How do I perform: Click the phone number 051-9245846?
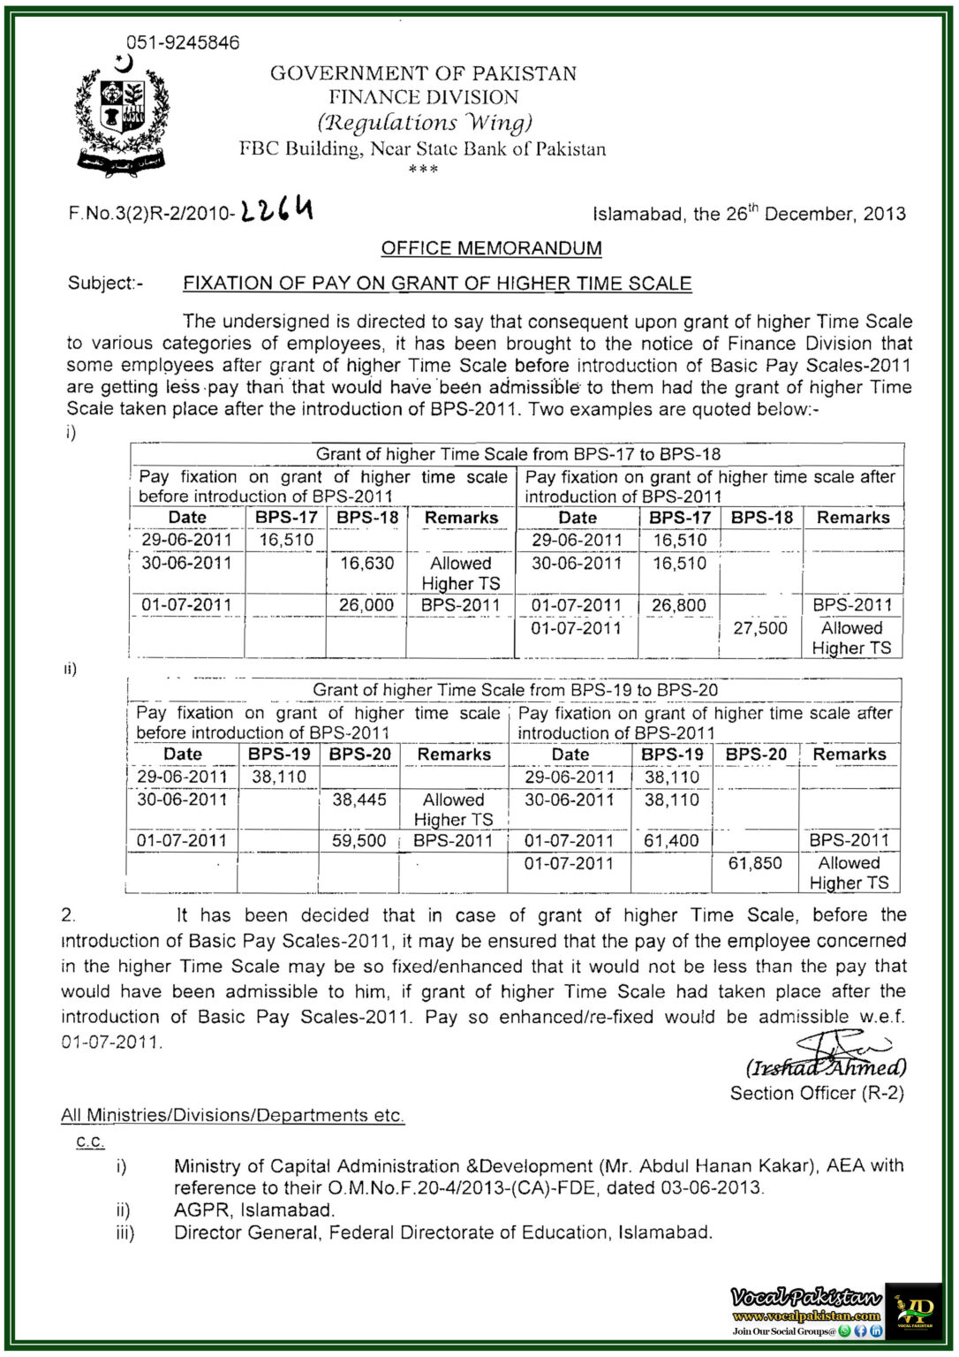click(x=183, y=42)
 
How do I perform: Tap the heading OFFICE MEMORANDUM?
click(x=491, y=248)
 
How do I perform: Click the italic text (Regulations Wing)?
click(x=425, y=122)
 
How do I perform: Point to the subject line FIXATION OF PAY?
click(x=437, y=284)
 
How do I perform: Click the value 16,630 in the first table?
click(x=366, y=564)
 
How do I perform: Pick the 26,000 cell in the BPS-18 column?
click(x=366, y=605)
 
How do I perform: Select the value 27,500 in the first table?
click(x=759, y=628)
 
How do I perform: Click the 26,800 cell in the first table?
click(x=679, y=605)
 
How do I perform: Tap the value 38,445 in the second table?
click(x=359, y=800)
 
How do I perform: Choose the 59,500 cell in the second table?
click(x=359, y=841)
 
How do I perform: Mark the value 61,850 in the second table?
click(x=755, y=863)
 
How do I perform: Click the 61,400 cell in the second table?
click(x=671, y=841)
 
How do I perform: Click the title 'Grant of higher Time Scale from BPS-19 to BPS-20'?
click(x=515, y=690)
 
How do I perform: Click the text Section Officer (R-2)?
click(x=817, y=1093)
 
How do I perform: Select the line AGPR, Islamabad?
click(x=254, y=1210)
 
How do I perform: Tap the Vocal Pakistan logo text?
click(x=805, y=1297)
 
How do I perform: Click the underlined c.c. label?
click(x=90, y=1141)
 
